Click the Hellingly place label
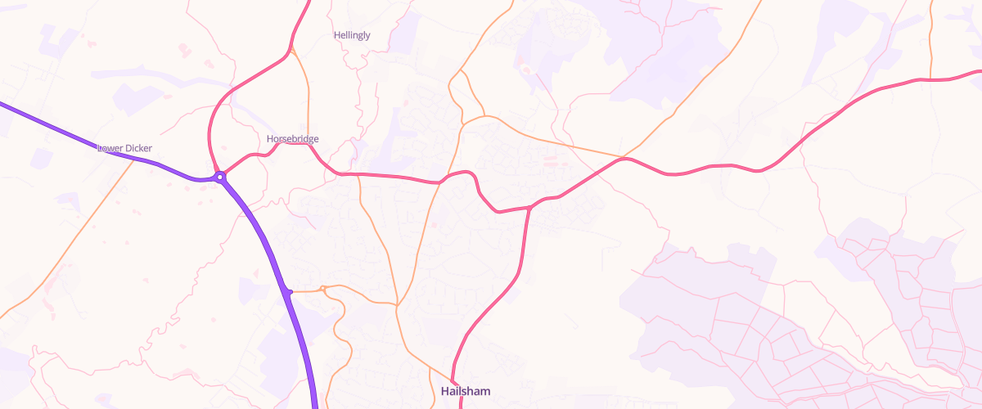coord(352,35)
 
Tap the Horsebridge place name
coord(292,139)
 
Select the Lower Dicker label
coord(124,148)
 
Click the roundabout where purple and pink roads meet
coord(220,176)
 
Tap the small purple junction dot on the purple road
coord(289,291)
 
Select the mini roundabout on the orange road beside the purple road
coord(324,289)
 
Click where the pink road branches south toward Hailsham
coord(529,208)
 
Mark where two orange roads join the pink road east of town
coord(624,157)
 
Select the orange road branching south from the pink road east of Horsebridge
coord(359,175)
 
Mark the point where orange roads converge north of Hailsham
coord(397,306)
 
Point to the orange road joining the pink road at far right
coord(931,79)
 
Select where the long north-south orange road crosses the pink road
coord(439,182)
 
